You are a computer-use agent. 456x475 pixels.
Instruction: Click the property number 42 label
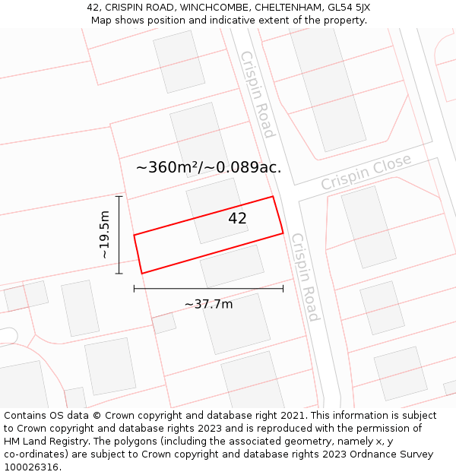pos(237,219)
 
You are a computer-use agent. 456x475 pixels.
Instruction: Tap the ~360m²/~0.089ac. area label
pos(208,168)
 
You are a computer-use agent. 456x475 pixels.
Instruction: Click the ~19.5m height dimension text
pos(105,235)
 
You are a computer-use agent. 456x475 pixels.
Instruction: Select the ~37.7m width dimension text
pos(208,304)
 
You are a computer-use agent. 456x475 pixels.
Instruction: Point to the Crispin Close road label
pos(366,173)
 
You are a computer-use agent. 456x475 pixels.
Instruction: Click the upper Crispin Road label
pos(257,94)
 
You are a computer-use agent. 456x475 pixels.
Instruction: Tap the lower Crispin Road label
pos(306,277)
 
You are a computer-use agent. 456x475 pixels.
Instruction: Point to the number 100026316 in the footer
pos(30,467)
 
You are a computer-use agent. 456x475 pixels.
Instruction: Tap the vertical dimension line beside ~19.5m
pos(119,235)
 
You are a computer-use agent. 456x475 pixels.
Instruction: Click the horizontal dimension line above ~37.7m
pos(208,289)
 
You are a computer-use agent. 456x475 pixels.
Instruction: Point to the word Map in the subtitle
pos(102,21)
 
